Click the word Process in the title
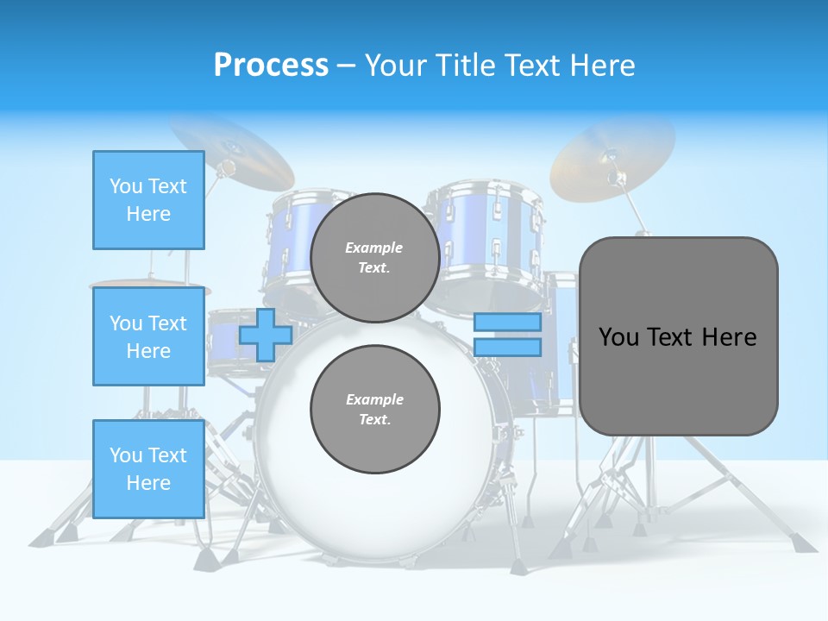click(271, 65)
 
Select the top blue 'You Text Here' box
click(148, 200)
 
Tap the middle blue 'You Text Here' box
click(148, 336)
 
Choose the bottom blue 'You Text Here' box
click(148, 468)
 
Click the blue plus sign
click(266, 335)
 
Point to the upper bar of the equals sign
click(507, 323)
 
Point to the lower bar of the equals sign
click(507, 347)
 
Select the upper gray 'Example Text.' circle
click(374, 257)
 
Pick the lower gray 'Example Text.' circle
click(374, 409)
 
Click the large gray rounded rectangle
click(678, 379)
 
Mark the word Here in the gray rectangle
click(730, 337)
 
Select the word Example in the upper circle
click(374, 248)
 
